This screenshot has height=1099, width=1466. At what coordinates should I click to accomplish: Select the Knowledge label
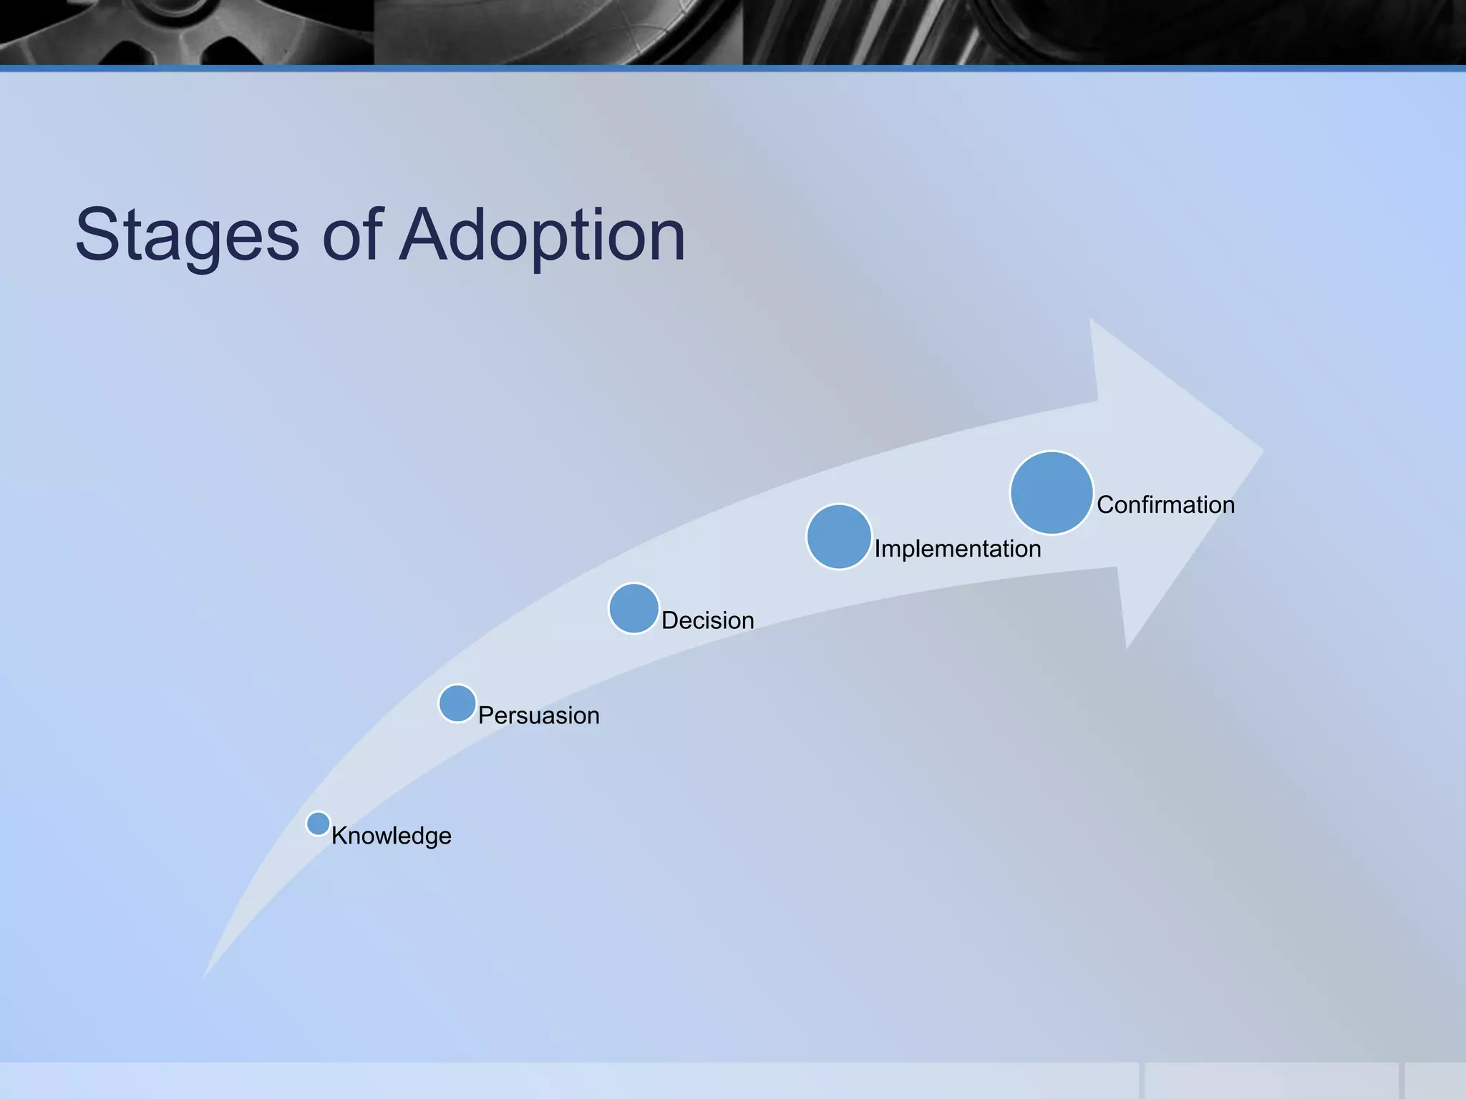tap(391, 836)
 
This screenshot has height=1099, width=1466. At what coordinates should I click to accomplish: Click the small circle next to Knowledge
tap(318, 824)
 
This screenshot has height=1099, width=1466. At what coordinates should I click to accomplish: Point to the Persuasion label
tap(538, 715)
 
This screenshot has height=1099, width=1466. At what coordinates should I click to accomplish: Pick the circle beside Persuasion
tap(457, 703)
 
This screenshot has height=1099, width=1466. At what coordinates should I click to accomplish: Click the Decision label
tap(707, 620)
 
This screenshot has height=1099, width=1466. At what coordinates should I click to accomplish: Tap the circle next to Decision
tap(634, 609)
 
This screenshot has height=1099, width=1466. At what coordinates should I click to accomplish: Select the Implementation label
tap(957, 549)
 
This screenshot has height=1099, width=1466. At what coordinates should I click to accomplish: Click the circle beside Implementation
tap(839, 537)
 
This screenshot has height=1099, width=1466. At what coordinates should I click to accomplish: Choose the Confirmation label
tap(1165, 505)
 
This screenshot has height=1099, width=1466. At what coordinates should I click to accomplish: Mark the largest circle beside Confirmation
tap(1052, 493)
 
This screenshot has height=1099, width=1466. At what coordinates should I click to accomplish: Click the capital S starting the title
tap(97, 235)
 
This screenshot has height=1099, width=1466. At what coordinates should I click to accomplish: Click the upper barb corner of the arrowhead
tap(1091, 321)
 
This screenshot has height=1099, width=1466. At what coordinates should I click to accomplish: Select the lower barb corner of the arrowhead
tap(1127, 646)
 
